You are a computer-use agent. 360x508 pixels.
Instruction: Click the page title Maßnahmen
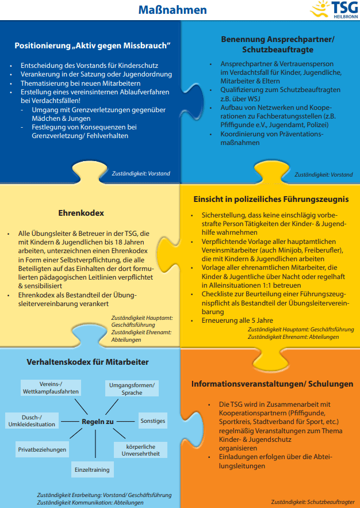[173, 10]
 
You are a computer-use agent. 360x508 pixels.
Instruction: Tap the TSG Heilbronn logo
[334, 10]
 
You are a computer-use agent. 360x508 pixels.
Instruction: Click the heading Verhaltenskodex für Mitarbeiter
[87, 362]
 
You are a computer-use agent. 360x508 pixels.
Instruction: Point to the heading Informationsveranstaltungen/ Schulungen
[272, 384]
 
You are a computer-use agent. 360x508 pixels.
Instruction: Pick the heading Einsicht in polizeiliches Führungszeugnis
[270, 199]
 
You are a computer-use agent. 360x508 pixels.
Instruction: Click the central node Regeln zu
[98, 422]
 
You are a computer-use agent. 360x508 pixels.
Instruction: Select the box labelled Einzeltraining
[91, 470]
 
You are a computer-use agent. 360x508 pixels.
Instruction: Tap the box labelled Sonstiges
[152, 421]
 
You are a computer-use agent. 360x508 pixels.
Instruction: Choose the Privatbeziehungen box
[42, 449]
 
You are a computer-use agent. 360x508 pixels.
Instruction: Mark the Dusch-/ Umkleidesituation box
[32, 420]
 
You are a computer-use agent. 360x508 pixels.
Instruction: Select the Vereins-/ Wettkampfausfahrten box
[51, 387]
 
